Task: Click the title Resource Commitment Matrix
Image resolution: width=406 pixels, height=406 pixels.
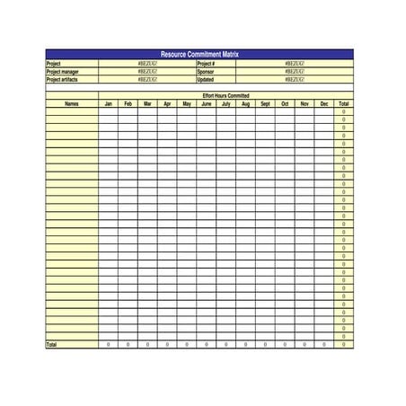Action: (199, 55)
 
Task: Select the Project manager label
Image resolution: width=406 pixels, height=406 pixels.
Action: (62, 72)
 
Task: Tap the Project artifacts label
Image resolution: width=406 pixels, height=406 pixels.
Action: (62, 79)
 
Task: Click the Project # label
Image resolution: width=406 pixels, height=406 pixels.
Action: (207, 64)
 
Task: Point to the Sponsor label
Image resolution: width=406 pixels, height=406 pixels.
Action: (206, 72)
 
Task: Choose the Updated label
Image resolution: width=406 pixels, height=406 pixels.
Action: (206, 79)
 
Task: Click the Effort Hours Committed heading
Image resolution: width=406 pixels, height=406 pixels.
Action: (225, 95)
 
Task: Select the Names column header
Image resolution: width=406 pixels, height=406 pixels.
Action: (72, 103)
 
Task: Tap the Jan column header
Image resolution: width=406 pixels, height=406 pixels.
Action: (109, 103)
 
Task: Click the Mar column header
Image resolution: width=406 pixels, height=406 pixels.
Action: (147, 103)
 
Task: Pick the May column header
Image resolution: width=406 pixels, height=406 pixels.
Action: (186, 103)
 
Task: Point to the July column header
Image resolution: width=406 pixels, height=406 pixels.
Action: (225, 103)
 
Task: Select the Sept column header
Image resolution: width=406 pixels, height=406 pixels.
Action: (265, 103)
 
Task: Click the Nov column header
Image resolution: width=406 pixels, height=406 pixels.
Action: (304, 103)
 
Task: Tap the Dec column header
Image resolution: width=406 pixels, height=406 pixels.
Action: (324, 103)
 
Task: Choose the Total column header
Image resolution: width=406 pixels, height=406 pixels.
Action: (344, 103)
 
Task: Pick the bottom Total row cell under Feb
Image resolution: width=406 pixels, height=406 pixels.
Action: (128, 344)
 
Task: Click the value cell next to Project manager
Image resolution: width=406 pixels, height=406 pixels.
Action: (147, 72)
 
